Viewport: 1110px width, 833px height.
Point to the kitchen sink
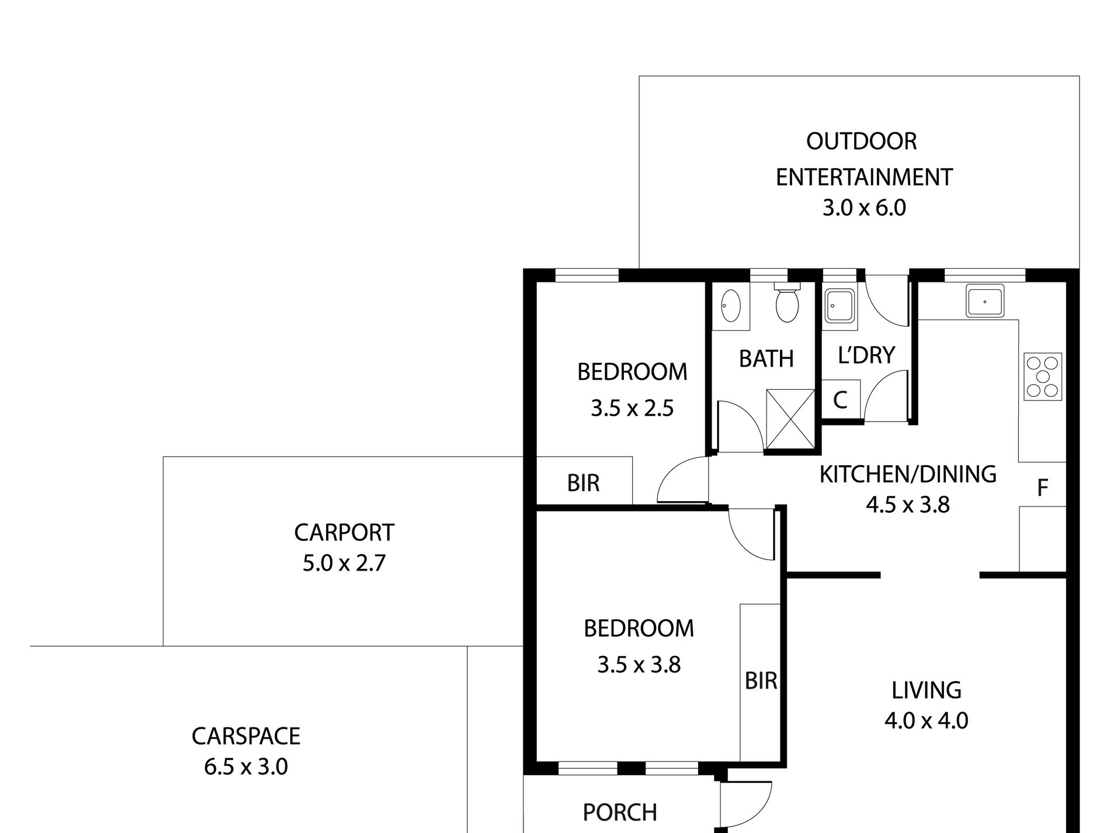coord(984,301)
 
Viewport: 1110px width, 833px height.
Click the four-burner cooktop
coord(1043,377)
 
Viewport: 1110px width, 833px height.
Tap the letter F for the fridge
coord(1042,488)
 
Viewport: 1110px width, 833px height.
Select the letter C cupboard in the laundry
coord(840,400)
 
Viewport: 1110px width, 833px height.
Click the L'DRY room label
coord(866,355)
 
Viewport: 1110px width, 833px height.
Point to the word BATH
coord(766,359)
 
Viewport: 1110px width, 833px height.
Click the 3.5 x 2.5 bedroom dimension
coord(632,408)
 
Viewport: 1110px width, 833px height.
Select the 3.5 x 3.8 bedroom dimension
coord(639,665)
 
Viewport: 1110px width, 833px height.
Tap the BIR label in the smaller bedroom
coord(583,483)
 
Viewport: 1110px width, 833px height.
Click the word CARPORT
coord(344,533)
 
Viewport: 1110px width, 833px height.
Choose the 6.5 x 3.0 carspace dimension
coord(246,766)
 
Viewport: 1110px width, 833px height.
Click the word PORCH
coord(620,813)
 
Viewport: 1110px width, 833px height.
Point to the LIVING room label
coord(927,690)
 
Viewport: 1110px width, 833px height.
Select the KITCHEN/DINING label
coord(908,474)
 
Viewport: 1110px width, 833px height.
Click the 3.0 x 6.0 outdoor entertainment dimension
coord(864,208)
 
